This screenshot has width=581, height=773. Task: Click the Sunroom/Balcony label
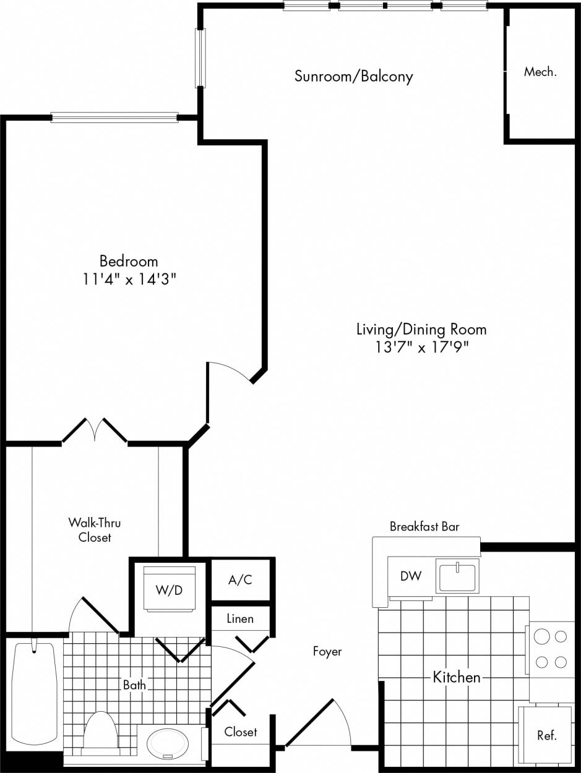[353, 77]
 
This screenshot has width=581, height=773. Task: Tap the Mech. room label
[540, 72]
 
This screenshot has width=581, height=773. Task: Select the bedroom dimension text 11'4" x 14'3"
[129, 279]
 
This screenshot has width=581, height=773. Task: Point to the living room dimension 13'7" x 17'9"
[421, 347]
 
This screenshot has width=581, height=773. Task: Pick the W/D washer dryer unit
[169, 589]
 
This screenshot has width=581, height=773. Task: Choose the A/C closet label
[240, 580]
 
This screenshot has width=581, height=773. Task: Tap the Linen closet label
[239, 618]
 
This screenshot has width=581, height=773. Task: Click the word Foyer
[327, 651]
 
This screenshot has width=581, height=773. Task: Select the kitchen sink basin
[457, 576]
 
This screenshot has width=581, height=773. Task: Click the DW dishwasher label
[410, 576]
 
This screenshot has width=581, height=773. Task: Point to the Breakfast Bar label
[424, 527]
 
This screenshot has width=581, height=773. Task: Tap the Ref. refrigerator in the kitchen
[546, 735]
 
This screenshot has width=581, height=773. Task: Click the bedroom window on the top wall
[114, 117]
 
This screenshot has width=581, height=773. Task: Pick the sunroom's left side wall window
[200, 58]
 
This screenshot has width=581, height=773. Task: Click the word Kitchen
[456, 677]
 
